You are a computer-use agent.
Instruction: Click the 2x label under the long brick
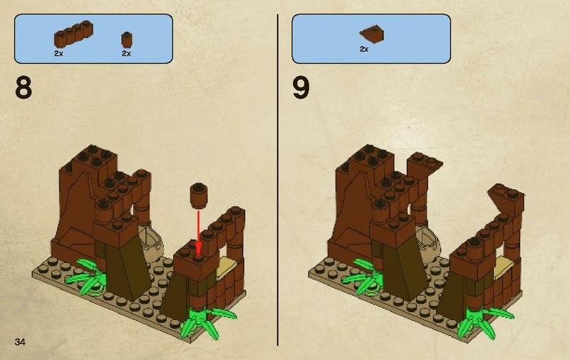click(x=58, y=53)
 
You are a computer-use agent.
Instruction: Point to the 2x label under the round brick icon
click(x=126, y=53)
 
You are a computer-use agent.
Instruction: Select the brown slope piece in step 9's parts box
click(x=372, y=31)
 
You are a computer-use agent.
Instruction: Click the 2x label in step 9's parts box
click(x=363, y=49)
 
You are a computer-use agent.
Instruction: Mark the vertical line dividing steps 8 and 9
click(x=277, y=178)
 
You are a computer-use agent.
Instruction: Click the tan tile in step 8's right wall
click(x=229, y=266)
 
